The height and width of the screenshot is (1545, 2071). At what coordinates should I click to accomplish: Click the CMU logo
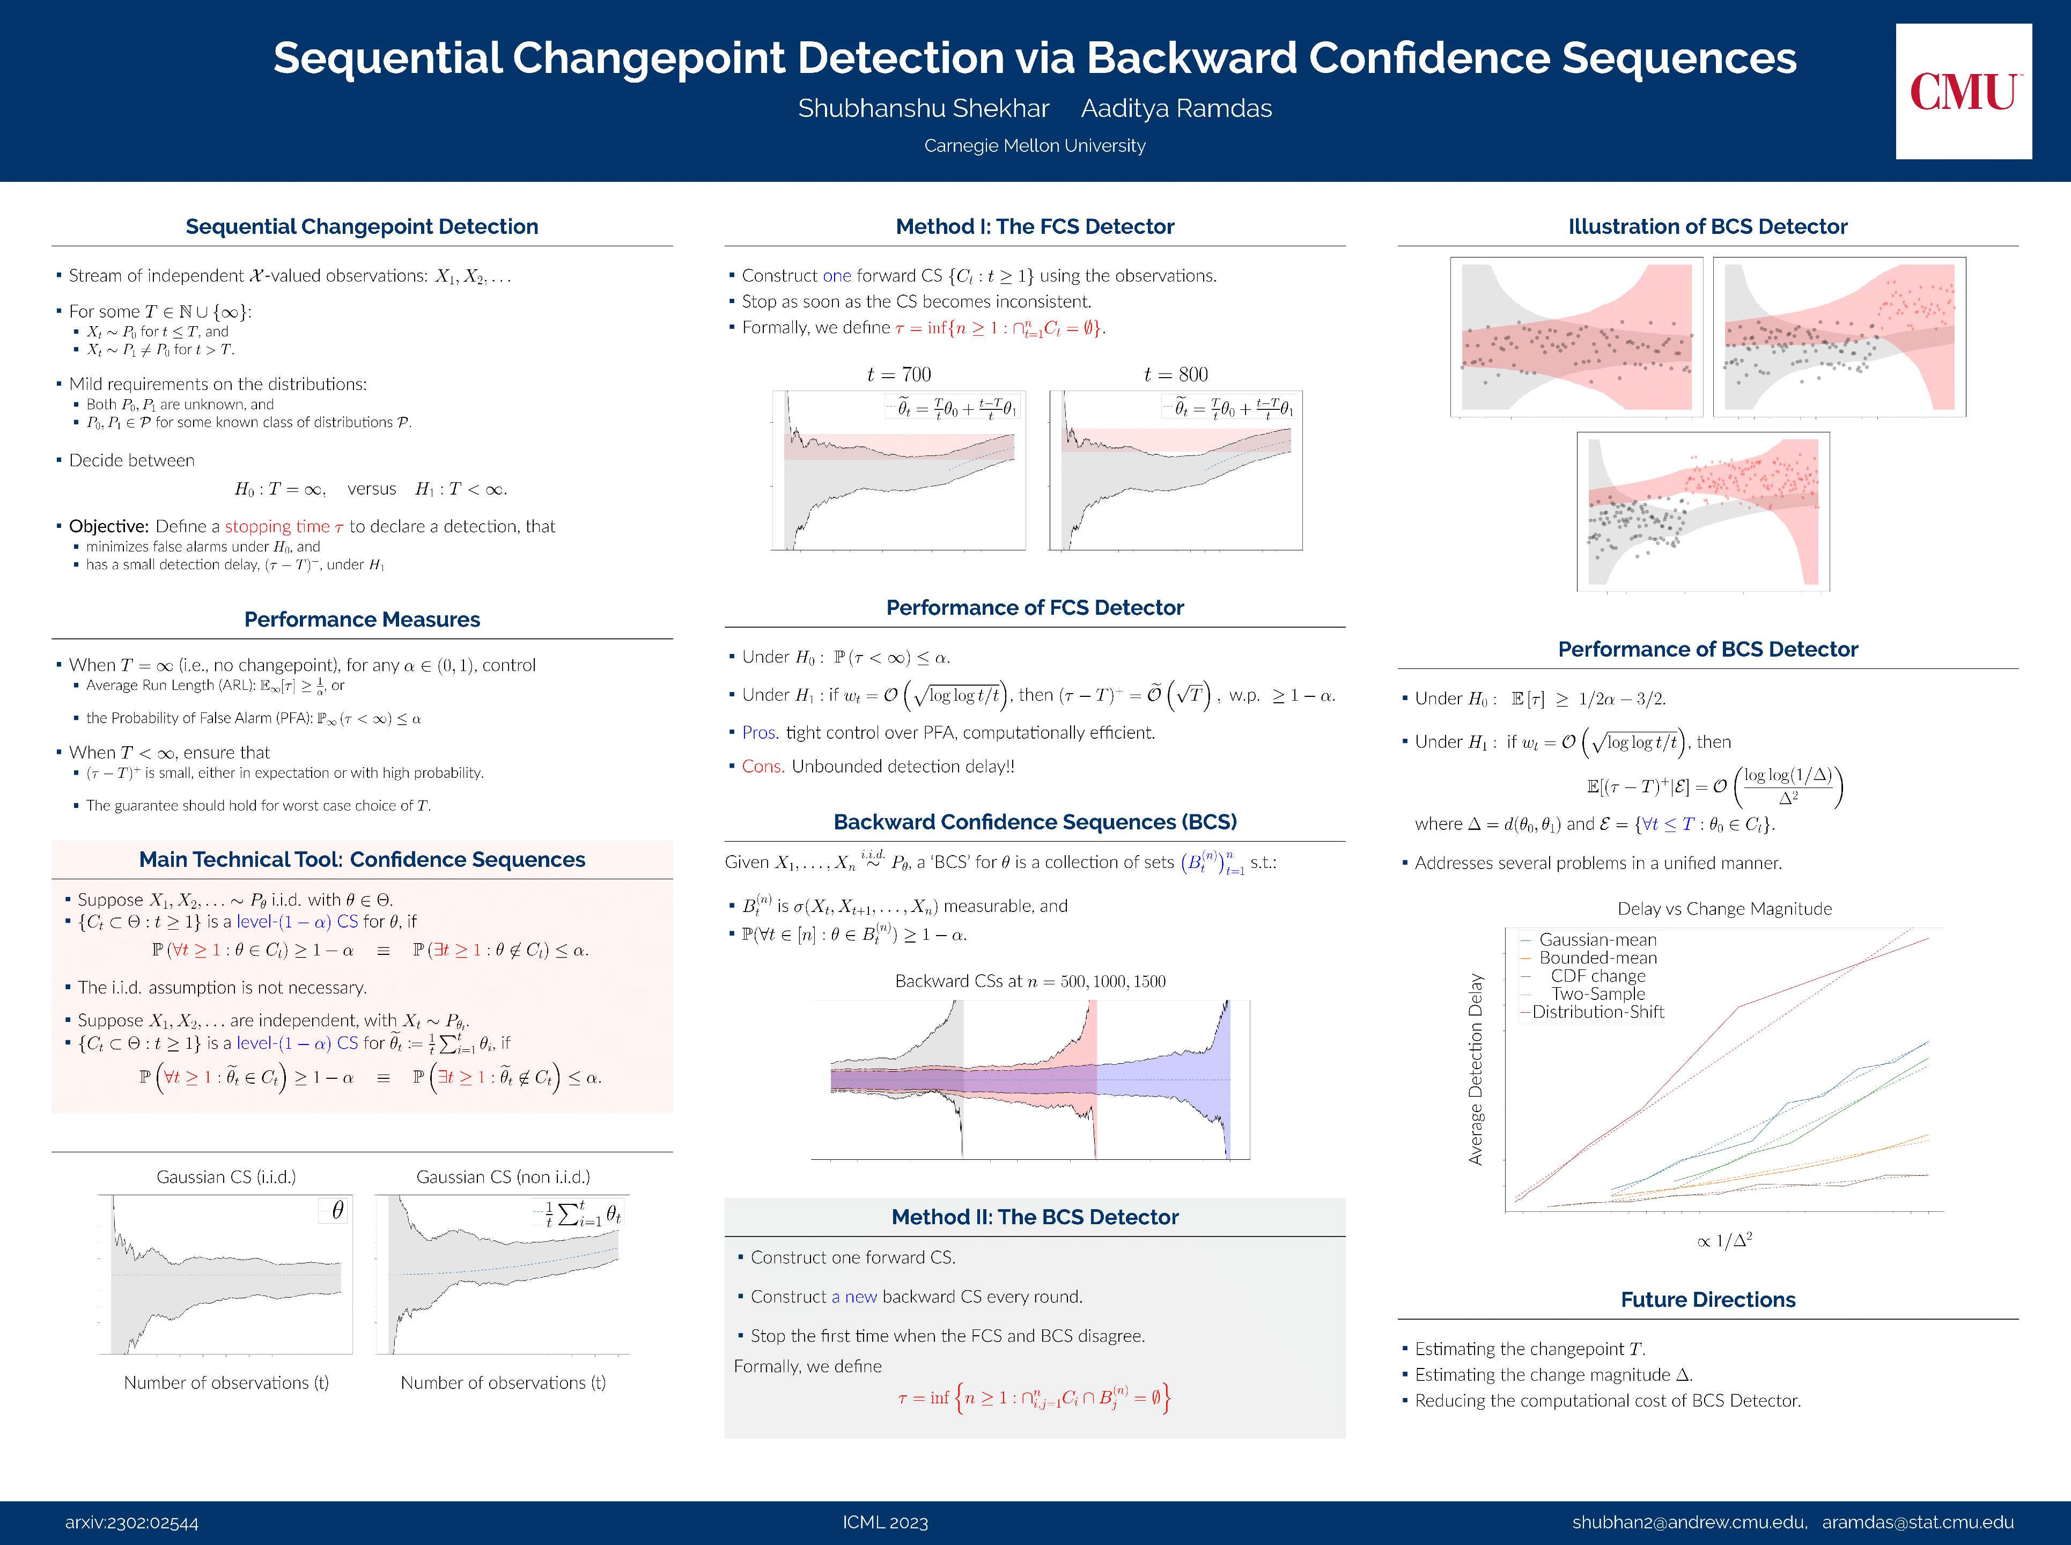pyautogui.click(x=1963, y=92)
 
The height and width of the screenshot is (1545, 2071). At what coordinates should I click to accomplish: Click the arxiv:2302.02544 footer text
pyautogui.click(x=132, y=1522)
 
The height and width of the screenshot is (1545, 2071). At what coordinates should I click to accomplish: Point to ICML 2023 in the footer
pyautogui.click(x=885, y=1522)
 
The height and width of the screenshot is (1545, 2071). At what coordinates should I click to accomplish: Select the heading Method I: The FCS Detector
pyautogui.click(x=1034, y=226)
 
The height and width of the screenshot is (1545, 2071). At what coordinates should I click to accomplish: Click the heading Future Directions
pyautogui.click(x=1707, y=1299)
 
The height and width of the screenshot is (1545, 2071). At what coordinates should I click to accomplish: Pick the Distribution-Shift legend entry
pyautogui.click(x=1597, y=1012)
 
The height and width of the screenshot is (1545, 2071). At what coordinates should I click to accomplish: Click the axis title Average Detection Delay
pyautogui.click(x=1476, y=1069)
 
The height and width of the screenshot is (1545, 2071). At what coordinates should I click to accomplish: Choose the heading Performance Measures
pyautogui.click(x=362, y=619)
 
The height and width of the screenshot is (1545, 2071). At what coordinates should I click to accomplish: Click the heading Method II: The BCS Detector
pyautogui.click(x=1034, y=1217)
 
